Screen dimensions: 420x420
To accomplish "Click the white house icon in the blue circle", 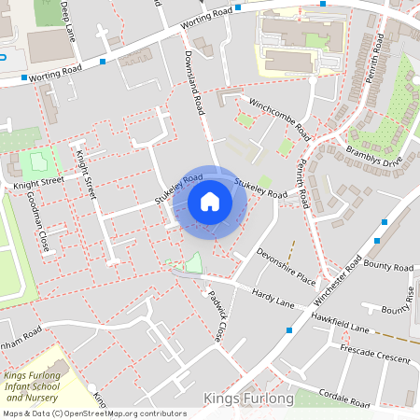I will pyautogui.click(x=209, y=201).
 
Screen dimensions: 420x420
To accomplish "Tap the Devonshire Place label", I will pyautogui.click(x=287, y=264).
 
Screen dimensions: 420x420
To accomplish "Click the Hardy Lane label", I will pyautogui.click(x=273, y=299).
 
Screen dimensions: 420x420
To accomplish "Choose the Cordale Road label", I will pyautogui.click(x=345, y=394).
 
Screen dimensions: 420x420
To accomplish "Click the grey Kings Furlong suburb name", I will pyautogui.click(x=247, y=399).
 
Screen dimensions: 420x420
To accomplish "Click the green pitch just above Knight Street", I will pyautogui.click(x=36, y=161).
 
